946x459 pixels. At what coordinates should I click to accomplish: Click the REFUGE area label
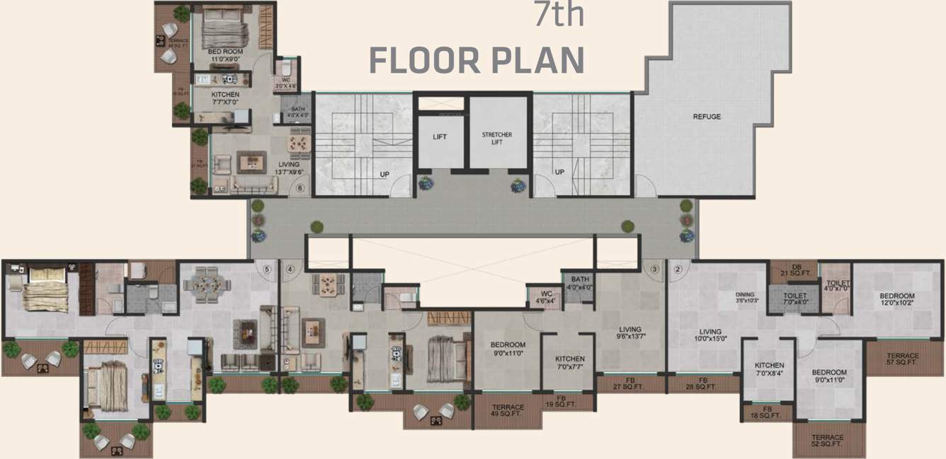[x=707, y=117]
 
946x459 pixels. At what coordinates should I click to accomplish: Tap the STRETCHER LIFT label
[x=497, y=137]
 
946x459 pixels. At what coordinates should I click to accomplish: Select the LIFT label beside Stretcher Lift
[x=440, y=137]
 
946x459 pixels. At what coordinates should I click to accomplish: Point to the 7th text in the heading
[x=559, y=16]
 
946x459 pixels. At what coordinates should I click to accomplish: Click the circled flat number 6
[x=300, y=189]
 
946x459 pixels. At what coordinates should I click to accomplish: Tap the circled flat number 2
[x=678, y=269]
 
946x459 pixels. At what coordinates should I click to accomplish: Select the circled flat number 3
[x=655, y=269]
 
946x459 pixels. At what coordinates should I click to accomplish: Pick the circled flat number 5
[x=267, y=269]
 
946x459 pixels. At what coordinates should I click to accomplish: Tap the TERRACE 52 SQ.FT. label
[x=828, y=441]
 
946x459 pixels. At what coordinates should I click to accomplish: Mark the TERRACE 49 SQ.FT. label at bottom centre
[x=508, y=411]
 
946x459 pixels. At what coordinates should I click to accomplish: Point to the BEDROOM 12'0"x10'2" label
[x=897, y=300]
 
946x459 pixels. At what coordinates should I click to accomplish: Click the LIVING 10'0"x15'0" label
[x=710, y=335]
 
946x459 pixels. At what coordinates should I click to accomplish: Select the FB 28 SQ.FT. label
[x=704, y=384]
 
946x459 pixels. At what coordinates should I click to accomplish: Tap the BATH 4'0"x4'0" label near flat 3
[x=579, y=283]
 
